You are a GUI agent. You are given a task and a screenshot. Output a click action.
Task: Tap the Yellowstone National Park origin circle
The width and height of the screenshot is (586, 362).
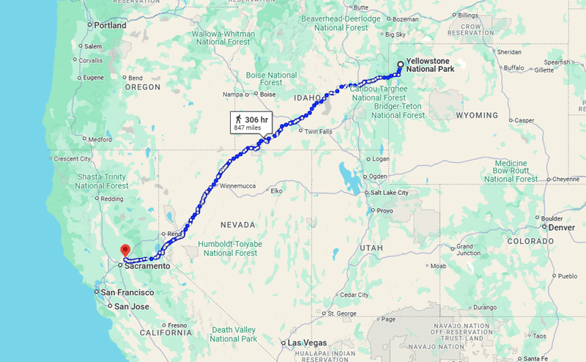400,64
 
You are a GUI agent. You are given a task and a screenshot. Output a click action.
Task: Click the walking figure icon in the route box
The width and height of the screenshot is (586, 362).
237,118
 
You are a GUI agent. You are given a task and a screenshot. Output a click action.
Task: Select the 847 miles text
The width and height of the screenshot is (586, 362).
248,128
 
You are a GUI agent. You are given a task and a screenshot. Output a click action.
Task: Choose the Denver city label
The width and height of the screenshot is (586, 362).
561,227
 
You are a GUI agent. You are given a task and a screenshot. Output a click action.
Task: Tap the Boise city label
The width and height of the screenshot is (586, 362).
267,95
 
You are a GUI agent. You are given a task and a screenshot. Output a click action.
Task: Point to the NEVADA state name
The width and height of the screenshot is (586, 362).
240,225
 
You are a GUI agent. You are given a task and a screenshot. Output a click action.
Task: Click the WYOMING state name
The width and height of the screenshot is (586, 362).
476,116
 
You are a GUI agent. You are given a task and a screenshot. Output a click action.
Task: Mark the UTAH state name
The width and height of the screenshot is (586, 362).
371,249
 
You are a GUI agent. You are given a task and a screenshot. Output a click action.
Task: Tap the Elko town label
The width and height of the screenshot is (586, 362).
276,191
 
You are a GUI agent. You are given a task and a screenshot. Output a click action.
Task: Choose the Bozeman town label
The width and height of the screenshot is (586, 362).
426,19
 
